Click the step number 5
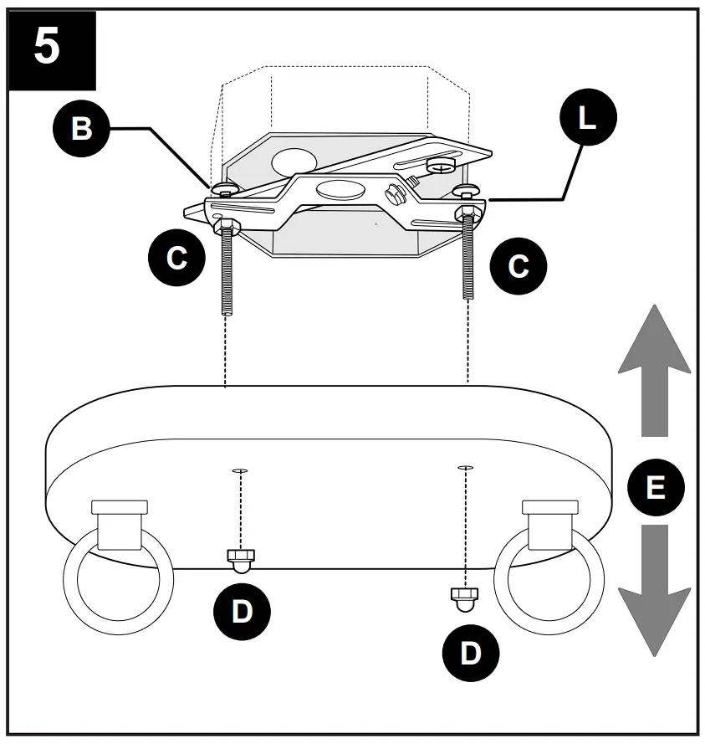pos(48,49)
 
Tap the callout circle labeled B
pos(81,130)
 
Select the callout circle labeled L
pos(586,118)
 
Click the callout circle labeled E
pos(656,487)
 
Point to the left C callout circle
pos(176,257)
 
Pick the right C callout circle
pos(519,266)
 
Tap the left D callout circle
pos(241,611)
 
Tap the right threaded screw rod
pos(467,259)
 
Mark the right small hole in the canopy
pos(465,467)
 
